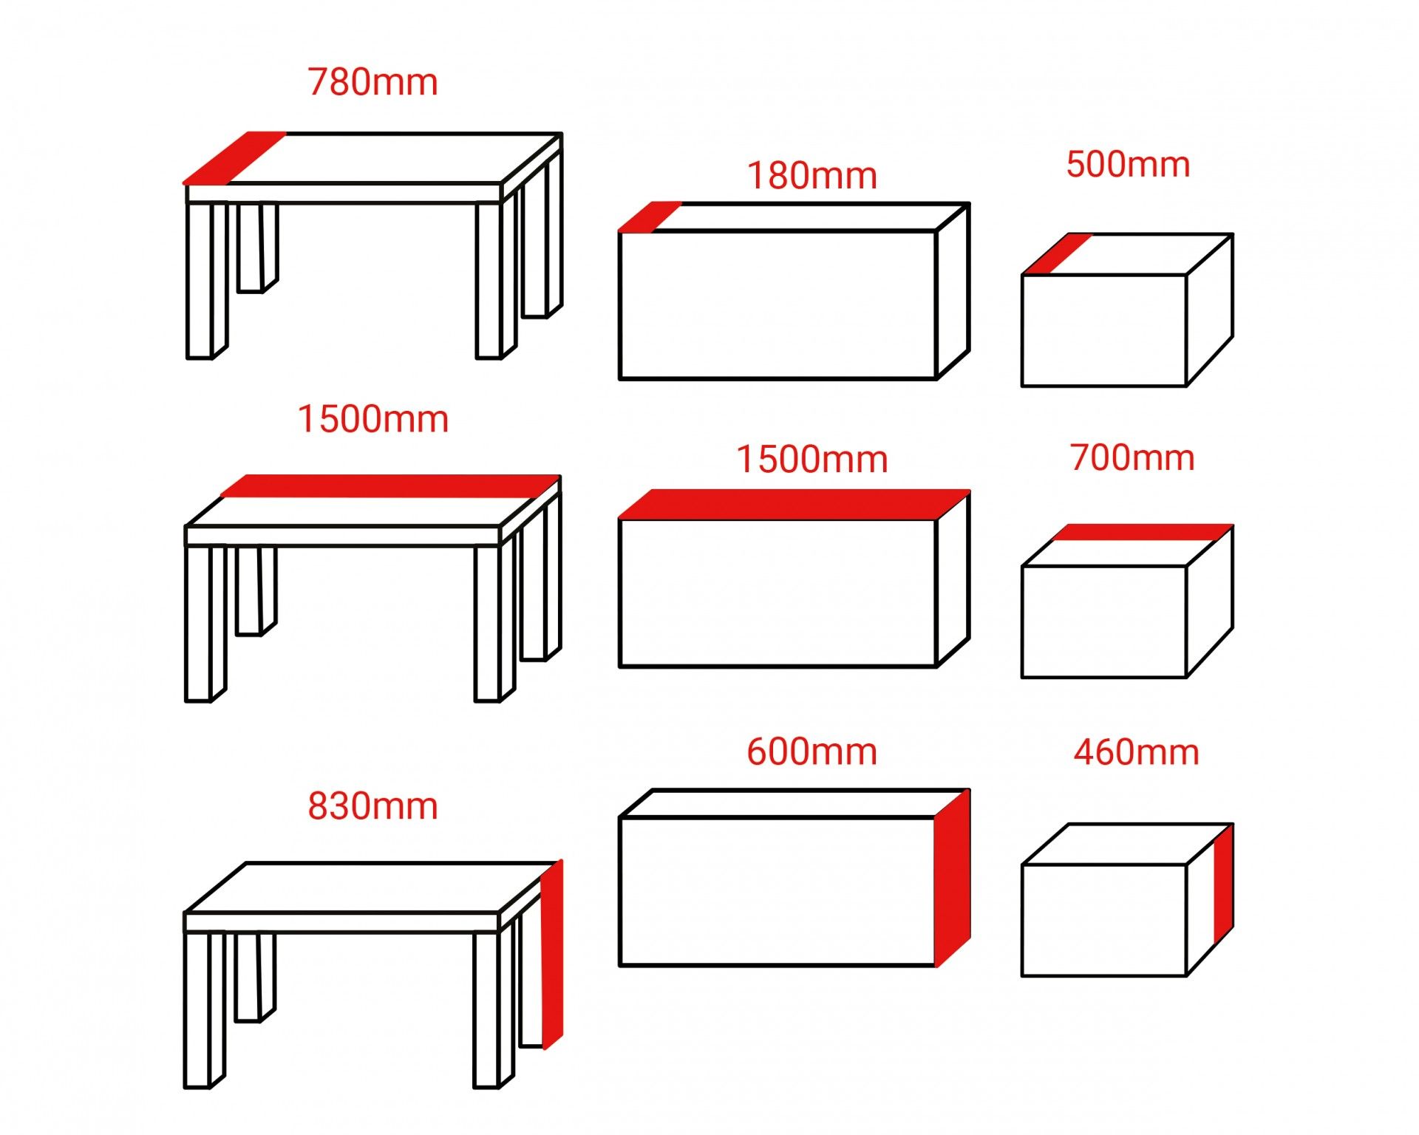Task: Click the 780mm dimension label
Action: coord(372,82)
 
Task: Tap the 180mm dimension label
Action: coord(811,176)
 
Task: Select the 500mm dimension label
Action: coord(1128,164)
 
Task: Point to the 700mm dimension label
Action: coord(1132,457)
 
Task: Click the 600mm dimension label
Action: coord(811,751)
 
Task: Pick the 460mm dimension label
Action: coord(1136,752)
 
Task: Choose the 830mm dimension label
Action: coord(372,805)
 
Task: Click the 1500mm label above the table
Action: coord(372,419)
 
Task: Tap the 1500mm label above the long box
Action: coord(811,459)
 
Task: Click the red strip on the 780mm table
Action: coord(234,157)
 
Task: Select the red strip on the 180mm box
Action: coord(650,217)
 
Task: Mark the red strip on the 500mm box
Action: coord(1058,254)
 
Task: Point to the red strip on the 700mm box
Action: coord(1142,533)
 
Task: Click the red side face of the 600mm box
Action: coord(953,878)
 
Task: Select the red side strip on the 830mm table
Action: coord(552,954)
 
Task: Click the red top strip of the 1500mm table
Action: coord(390,485)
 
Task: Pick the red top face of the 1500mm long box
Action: coord(794,504)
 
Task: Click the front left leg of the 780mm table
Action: coord(206,281)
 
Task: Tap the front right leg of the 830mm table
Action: coord(494,1010)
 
